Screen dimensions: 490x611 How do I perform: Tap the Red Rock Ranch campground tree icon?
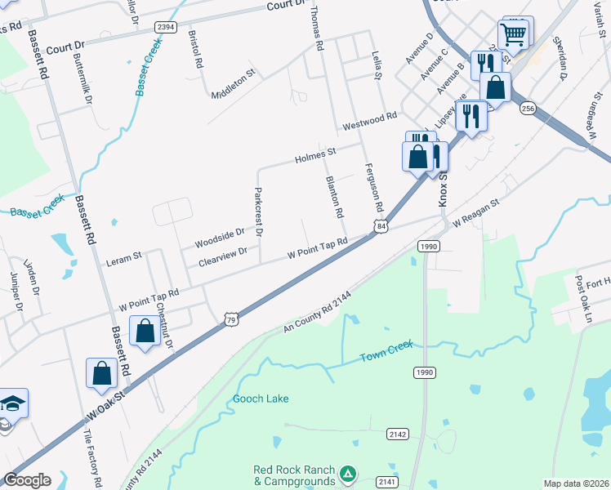point(348,473)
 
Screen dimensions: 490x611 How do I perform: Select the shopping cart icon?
point(514,34)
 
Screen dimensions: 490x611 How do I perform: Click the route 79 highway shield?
point(231,322)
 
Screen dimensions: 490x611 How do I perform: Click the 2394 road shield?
point(166,27)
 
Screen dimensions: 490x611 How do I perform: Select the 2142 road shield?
point(398,434)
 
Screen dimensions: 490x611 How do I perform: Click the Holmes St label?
point(315,154)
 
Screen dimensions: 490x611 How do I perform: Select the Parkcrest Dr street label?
point(257,212)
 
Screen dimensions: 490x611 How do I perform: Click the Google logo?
point(27,480)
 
